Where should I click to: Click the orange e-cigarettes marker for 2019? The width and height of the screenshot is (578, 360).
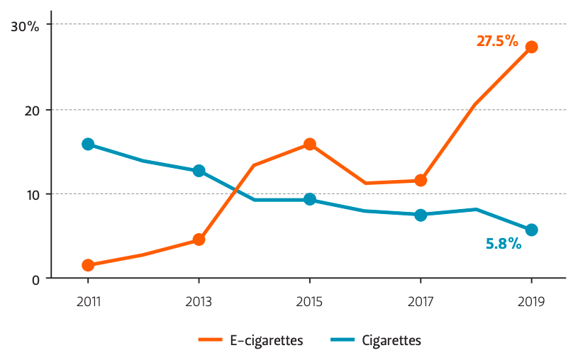pos(531,47)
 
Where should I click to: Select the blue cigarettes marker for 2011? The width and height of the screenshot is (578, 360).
pos(88,144)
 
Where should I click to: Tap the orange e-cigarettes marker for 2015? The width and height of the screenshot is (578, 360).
pos(310,144)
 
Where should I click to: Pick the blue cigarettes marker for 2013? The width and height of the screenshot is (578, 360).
pos(199,171)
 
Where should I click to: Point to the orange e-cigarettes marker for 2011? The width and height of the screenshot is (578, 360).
pos(88,265)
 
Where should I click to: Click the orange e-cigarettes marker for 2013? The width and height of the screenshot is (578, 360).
pos(199,240)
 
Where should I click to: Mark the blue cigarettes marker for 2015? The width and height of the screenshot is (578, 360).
pos(310,199)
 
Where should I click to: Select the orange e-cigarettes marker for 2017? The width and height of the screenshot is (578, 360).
pos(421,180)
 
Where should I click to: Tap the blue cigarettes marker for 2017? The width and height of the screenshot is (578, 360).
pos(421,215)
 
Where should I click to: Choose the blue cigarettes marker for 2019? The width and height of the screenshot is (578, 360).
pos(531,230)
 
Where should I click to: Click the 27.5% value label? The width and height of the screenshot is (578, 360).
pos(497,41)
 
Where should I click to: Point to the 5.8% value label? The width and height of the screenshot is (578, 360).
pos(504,244)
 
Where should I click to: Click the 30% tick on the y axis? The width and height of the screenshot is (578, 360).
pos(26,26)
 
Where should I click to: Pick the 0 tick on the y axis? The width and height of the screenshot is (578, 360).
pos(34,279)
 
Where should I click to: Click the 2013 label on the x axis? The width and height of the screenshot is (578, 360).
pos(199,302)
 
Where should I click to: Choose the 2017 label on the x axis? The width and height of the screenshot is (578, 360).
pos(421,302)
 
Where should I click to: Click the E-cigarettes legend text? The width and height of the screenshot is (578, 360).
pos(267,340)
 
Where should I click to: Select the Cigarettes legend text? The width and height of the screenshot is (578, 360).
pos(391,340)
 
